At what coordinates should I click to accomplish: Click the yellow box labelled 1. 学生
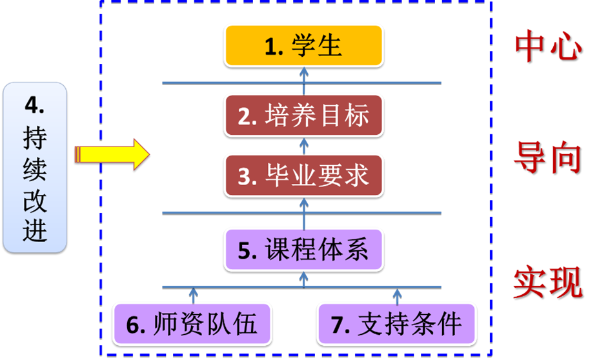303,45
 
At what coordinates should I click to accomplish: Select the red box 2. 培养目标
303,115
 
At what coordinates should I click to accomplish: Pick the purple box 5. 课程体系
303,249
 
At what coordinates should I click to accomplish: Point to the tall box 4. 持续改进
35,166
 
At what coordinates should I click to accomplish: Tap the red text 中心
548,46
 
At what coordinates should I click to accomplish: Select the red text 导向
548,157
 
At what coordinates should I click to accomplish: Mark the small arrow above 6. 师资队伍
192,294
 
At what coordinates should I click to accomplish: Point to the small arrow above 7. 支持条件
396,294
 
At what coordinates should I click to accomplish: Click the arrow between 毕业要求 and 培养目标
303,145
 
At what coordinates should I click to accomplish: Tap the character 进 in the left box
35,229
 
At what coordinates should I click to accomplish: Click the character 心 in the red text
566,46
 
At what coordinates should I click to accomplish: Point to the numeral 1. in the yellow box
274,46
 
